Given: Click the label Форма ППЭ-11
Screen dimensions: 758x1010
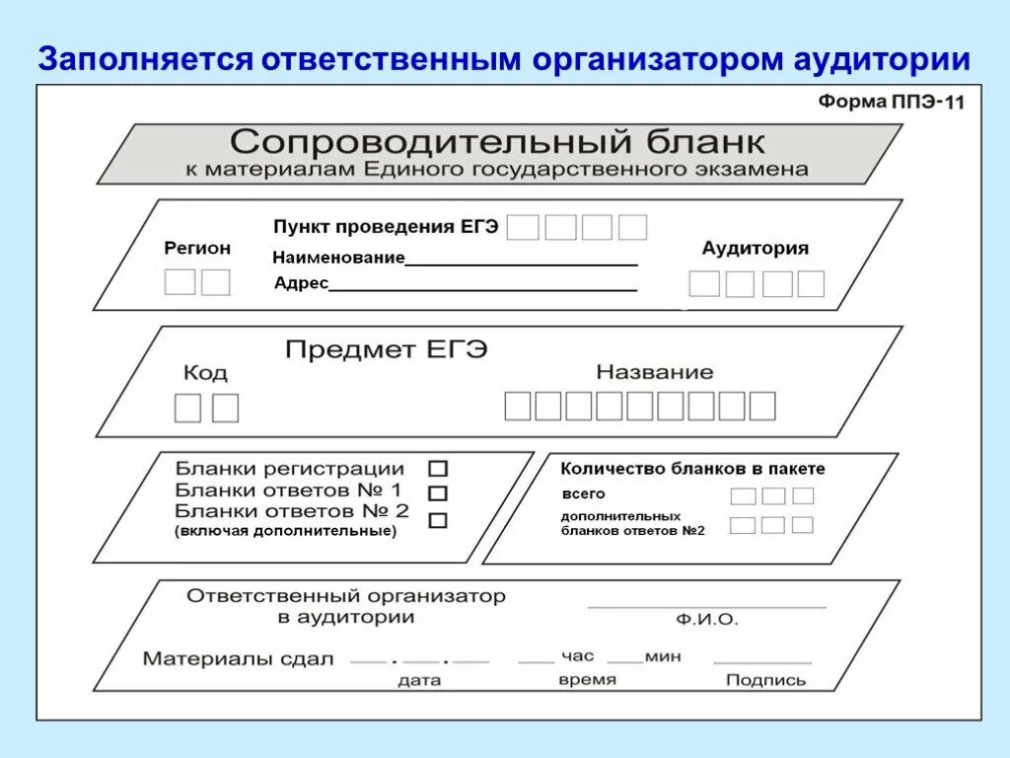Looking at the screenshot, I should [x=891, y=102].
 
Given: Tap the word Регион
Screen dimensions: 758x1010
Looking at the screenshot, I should [x=197, y=248].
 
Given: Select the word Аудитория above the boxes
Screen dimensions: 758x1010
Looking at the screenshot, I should [x=755, y=248].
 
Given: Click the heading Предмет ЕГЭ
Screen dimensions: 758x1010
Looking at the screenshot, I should [x=386, y=349].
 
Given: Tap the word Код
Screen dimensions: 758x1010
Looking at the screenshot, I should [x=205, y=372].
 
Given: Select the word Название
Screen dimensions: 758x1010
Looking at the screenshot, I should [x=654, y=372].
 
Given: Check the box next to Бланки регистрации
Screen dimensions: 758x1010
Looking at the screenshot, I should [x=438, y=470].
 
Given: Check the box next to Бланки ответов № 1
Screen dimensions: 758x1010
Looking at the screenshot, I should [x=438, y=493].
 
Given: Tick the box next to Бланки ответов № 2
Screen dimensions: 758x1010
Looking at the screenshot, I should [x=438, y=519].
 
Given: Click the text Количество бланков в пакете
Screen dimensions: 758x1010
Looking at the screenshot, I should [x=692, y=469].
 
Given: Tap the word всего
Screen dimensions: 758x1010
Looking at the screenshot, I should [x=583, y=493].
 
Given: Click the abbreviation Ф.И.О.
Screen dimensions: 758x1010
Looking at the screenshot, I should [x=706, y=620].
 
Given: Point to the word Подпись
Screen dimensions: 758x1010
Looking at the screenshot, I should [x=765, y=680].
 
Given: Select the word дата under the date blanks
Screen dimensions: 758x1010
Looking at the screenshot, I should [x=419, y=680].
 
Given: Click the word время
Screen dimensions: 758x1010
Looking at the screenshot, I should [x=587, y=679].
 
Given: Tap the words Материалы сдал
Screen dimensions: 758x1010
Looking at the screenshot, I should [x=239, y=658].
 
